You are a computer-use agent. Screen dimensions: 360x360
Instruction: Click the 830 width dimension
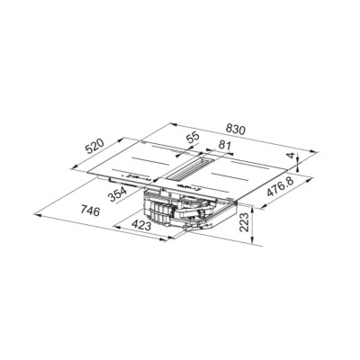(236, 129)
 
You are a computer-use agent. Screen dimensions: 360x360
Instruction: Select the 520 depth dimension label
(94, 146)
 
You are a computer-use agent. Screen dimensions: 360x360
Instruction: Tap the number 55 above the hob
(193, 138)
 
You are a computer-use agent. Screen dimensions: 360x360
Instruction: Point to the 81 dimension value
(224, 145)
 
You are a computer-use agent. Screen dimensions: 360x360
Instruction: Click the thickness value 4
(290, 156)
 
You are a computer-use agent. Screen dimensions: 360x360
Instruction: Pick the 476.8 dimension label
(281, 187)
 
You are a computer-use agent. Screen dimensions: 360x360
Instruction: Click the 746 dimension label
(89, 211)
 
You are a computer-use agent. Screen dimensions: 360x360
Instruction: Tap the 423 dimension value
(140, 225)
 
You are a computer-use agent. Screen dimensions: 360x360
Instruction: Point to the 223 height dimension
(245, 222)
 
